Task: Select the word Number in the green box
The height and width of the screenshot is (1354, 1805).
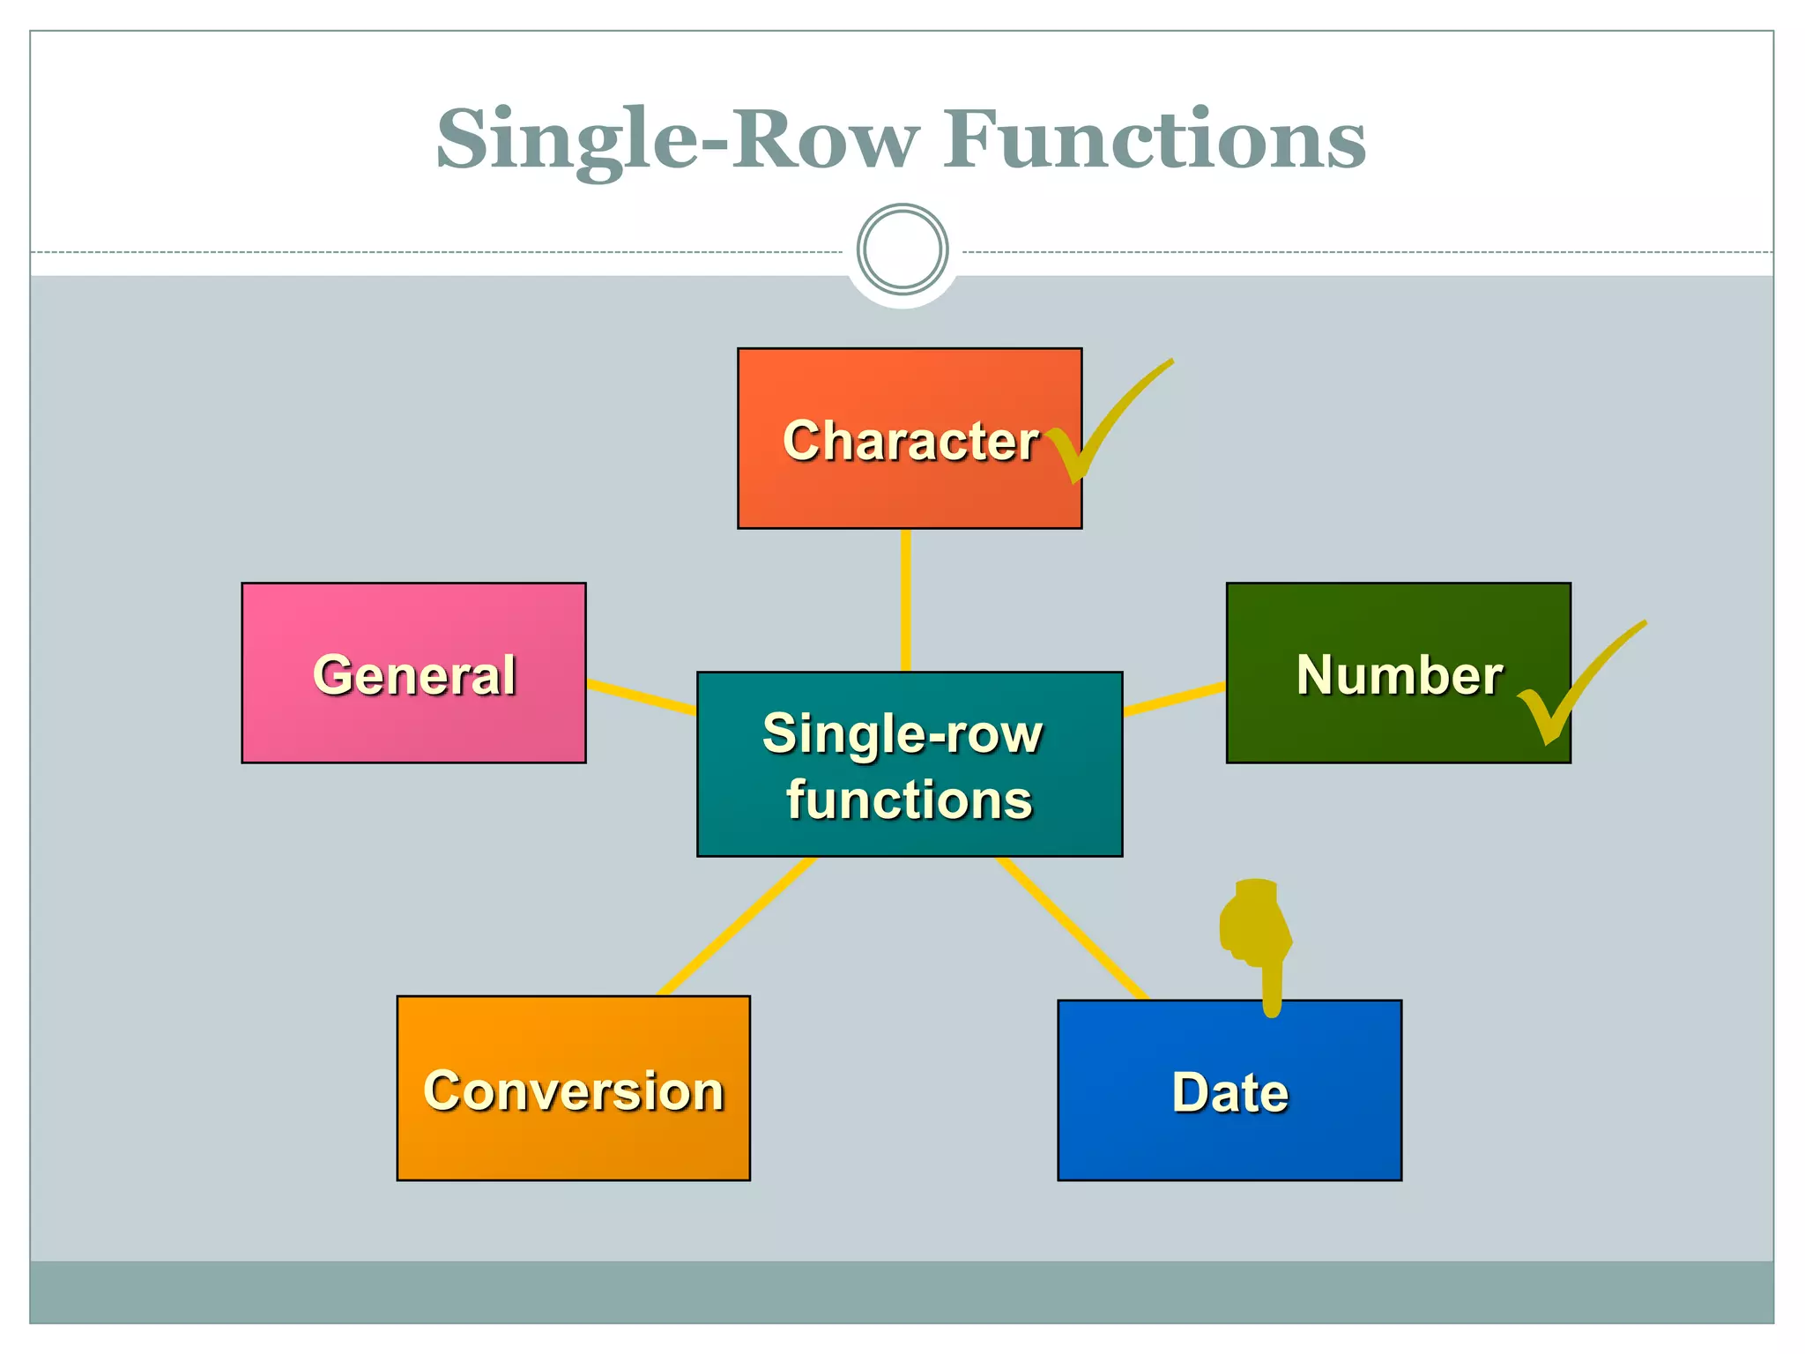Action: tap(1399, 675)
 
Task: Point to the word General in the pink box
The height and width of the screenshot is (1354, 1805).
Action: tap(414, 675)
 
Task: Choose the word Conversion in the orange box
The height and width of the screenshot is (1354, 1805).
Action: tap(574, 1091)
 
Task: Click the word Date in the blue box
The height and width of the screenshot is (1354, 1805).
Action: tap(1229, 1093)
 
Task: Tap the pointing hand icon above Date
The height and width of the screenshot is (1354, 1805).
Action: tap(1256, 934)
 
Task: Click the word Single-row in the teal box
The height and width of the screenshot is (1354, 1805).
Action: tap(902, 733)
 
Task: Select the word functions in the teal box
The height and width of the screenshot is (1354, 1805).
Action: tap(909, 800)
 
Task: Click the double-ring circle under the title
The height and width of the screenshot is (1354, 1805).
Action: tap(902, 249)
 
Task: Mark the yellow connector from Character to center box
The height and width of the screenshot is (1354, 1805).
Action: tap(905, 599)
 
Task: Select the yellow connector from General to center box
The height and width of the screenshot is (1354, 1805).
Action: tap(641, 696)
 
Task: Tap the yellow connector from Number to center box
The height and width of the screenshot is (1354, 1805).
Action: tap(1174, 697)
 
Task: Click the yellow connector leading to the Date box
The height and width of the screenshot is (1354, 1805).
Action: tap(1071, 927)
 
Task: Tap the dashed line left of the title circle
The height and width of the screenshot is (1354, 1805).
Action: tap(441, 253)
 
